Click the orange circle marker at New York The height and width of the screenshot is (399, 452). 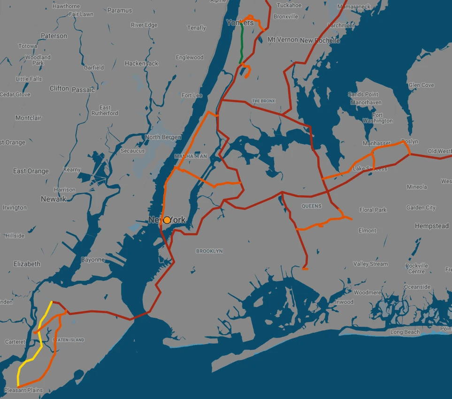click(x=167, y=220)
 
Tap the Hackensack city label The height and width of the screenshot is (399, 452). click(x=141, y=63)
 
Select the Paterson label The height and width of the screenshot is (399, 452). click(x=54, y=36)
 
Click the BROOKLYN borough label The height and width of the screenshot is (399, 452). click(x=209, y=251)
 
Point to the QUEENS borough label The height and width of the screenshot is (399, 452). click(x=312, y=206)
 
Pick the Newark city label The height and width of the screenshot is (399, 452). click(x=54, y=199)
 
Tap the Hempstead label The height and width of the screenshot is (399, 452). click(x=431, y=226)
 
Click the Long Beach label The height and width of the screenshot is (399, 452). click(x=406, y=332)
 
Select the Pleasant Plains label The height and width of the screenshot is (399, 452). click(x=23, y=390)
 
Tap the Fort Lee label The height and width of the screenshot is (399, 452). click(x=192, y=95)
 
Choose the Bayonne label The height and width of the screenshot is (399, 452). click(x=93, y=260)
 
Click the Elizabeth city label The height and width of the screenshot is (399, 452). click(x=27, y=264)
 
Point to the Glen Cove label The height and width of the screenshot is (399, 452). click(x=421, y=85)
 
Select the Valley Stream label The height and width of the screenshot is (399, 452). click(x=370, y=264)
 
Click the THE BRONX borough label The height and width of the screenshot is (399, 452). click(x=263, y=101)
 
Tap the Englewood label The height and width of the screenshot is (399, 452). click(x=190, y=57)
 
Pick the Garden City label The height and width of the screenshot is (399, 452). click(x=421, y=207)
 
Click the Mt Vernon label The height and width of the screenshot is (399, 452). click(x=283, y=40)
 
